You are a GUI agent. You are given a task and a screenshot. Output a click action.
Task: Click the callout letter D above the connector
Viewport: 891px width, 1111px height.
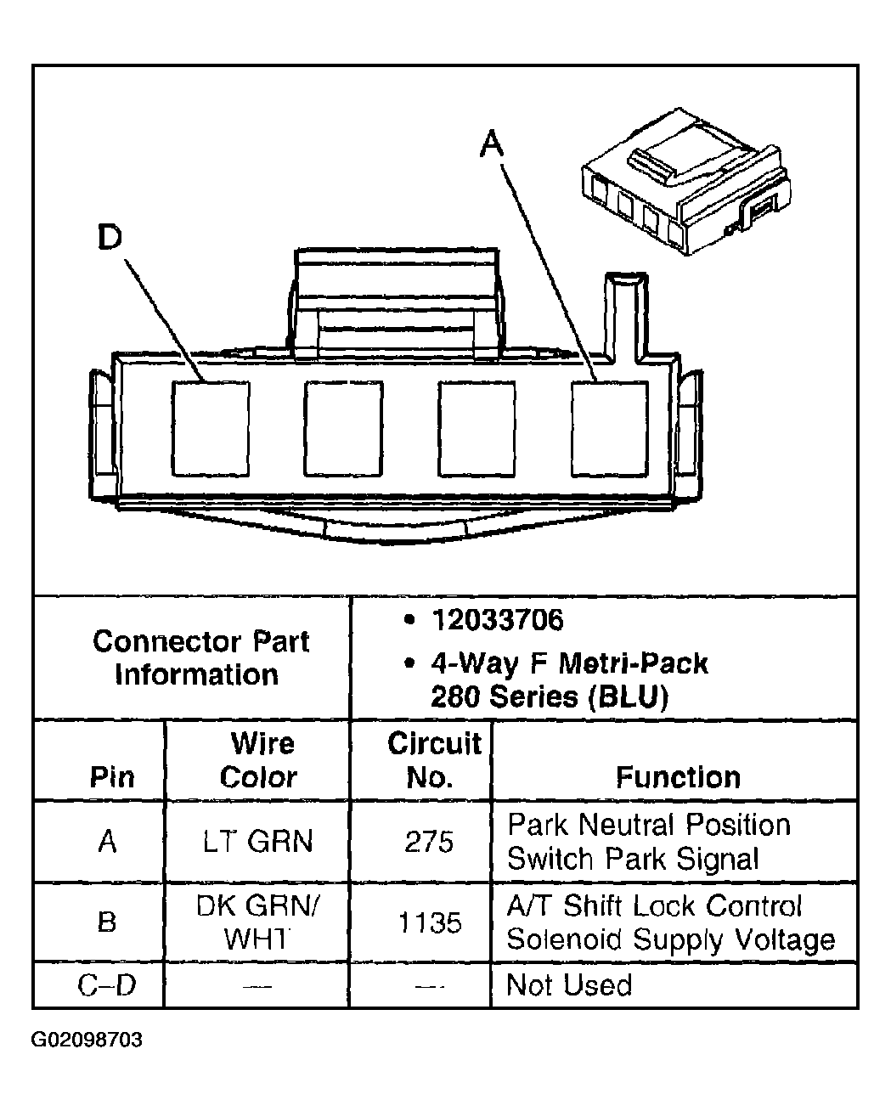point(110,238)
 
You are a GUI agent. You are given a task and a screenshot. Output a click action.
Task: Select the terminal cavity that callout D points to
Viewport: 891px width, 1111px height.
point(211,428)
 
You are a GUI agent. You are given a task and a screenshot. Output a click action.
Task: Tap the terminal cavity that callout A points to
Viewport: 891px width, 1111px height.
point(609,428)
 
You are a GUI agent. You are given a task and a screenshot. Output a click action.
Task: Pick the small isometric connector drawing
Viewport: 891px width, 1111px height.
point(685,181)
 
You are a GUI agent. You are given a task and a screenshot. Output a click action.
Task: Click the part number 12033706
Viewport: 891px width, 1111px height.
point(498,620)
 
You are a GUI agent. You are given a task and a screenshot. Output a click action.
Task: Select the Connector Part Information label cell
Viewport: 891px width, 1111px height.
point(200,657)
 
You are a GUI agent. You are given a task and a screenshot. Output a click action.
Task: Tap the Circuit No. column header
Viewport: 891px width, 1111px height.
point(433,760)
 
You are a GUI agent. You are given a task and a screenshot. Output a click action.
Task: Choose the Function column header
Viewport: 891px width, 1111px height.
point(678,776)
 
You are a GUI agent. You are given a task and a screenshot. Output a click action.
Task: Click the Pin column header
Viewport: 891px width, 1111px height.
point(111,776)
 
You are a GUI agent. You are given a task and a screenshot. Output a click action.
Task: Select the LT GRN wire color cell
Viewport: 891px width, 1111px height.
point(257,841)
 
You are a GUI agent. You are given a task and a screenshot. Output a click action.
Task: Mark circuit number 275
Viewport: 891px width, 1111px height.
point(429,842)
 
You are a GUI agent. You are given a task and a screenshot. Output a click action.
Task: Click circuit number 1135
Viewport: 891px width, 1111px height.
point(430,922)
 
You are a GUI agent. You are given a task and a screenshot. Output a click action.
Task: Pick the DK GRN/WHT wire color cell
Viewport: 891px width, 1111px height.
point(257,922)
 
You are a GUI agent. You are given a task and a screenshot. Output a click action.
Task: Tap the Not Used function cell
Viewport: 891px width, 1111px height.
point(568,985)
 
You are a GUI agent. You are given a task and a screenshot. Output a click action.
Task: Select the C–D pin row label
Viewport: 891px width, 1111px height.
point(107,985)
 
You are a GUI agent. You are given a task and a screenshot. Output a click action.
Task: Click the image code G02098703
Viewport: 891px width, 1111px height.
point(87,1040)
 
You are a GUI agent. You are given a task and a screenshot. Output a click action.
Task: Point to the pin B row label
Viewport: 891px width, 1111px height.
point(107,922)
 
